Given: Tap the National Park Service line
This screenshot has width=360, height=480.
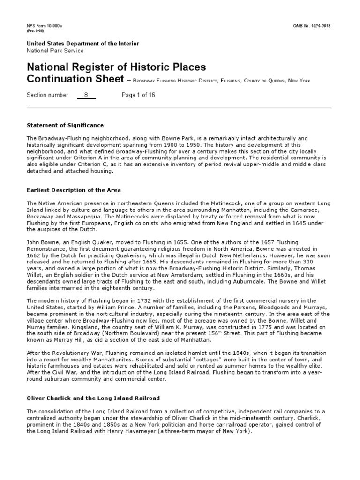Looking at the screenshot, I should (x=55, y=51).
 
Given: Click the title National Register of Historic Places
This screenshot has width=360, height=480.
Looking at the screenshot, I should (x=116, y=68).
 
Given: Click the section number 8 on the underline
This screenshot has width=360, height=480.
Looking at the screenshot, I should (x=86, y=95).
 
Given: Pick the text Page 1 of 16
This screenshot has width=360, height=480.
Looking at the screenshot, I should (x=138, y=95).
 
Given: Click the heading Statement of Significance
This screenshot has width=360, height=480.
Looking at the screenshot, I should (x=65, y=126).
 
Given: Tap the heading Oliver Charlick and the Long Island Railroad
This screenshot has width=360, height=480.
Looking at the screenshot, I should (x=93, y=398).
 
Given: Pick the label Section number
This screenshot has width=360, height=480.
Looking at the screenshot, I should (x=47, y=95).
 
